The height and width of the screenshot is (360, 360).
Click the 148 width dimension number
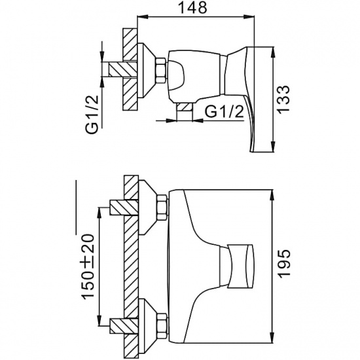(193, 7)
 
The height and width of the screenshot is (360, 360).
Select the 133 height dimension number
(283, 99)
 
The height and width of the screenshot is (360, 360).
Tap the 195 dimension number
(284, 264)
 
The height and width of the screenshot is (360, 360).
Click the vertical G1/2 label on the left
(92, 115)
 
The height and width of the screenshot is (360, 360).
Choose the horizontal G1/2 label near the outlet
(224, 111)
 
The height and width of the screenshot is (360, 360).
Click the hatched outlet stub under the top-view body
(185, 107)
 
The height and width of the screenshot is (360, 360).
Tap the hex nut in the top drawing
(161, 70)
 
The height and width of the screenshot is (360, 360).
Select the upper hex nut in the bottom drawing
(162, 207)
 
